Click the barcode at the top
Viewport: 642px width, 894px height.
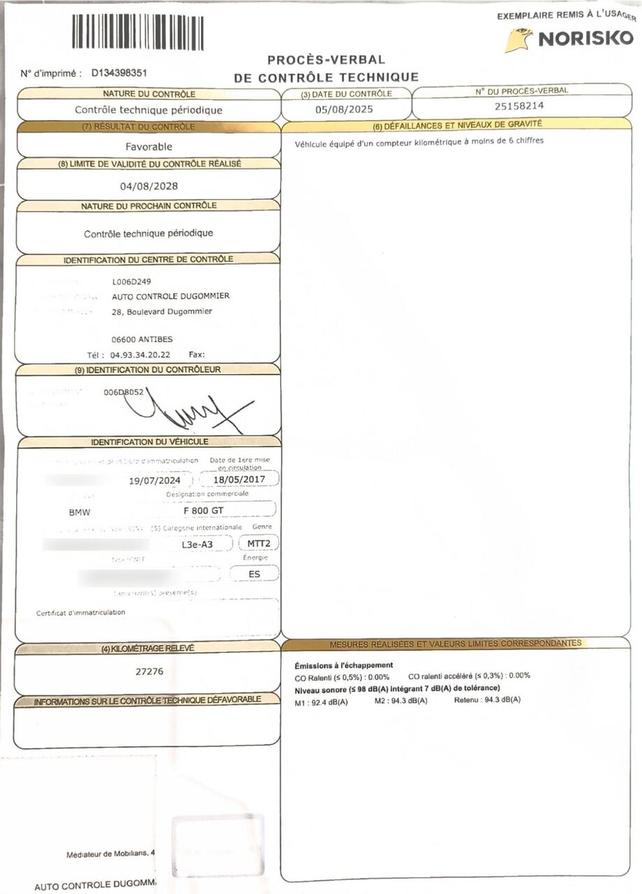tap(137, 32)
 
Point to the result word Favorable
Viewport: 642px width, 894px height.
tap(149, 147)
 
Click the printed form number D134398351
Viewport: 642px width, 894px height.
tap(119, 72)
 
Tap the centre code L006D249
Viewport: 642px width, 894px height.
tap(131, 282)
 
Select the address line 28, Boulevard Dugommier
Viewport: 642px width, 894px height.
tap(162, 312)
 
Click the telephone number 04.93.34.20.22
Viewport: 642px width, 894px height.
tap(140, 354)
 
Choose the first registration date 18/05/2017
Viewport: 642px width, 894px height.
tap(239, 480)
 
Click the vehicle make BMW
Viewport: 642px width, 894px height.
tap(79, 512)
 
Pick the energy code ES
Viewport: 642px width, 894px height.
tap(254, 574)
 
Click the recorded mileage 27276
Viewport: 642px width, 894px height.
tap(149, 671)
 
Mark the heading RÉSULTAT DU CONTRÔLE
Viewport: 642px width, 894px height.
tap(149, 126)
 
